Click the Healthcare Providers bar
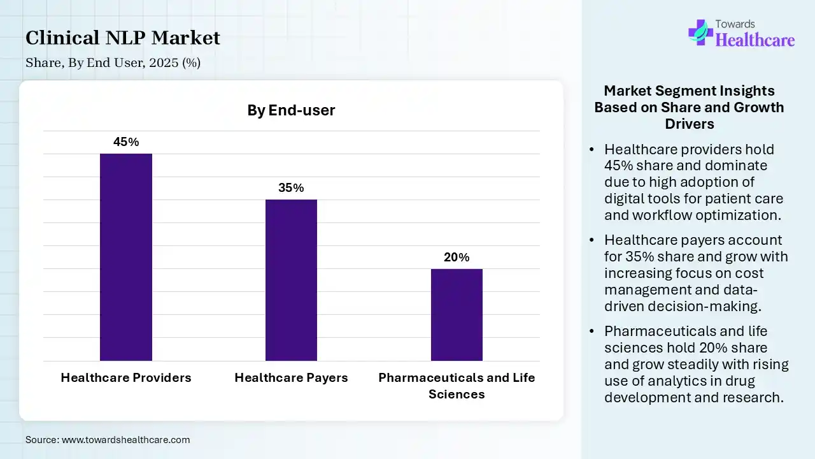(126, 257)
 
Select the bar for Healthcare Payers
(291, 280)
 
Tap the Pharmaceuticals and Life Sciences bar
(457, 315)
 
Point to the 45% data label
(126, 142)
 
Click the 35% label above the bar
(291, 188)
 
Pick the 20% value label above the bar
(457, 258)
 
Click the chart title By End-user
(291, 110)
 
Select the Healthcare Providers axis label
(126, 377)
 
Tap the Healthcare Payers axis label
(291, 377)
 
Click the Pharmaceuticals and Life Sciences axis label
(457, 385)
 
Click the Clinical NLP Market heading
(123, 38)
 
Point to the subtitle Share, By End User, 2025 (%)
(113, 63)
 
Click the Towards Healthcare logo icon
(700, 31)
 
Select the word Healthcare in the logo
(755, 40)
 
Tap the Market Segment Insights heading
(689, 106)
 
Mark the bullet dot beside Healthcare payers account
(592, 240)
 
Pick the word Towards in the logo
(736, 24)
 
